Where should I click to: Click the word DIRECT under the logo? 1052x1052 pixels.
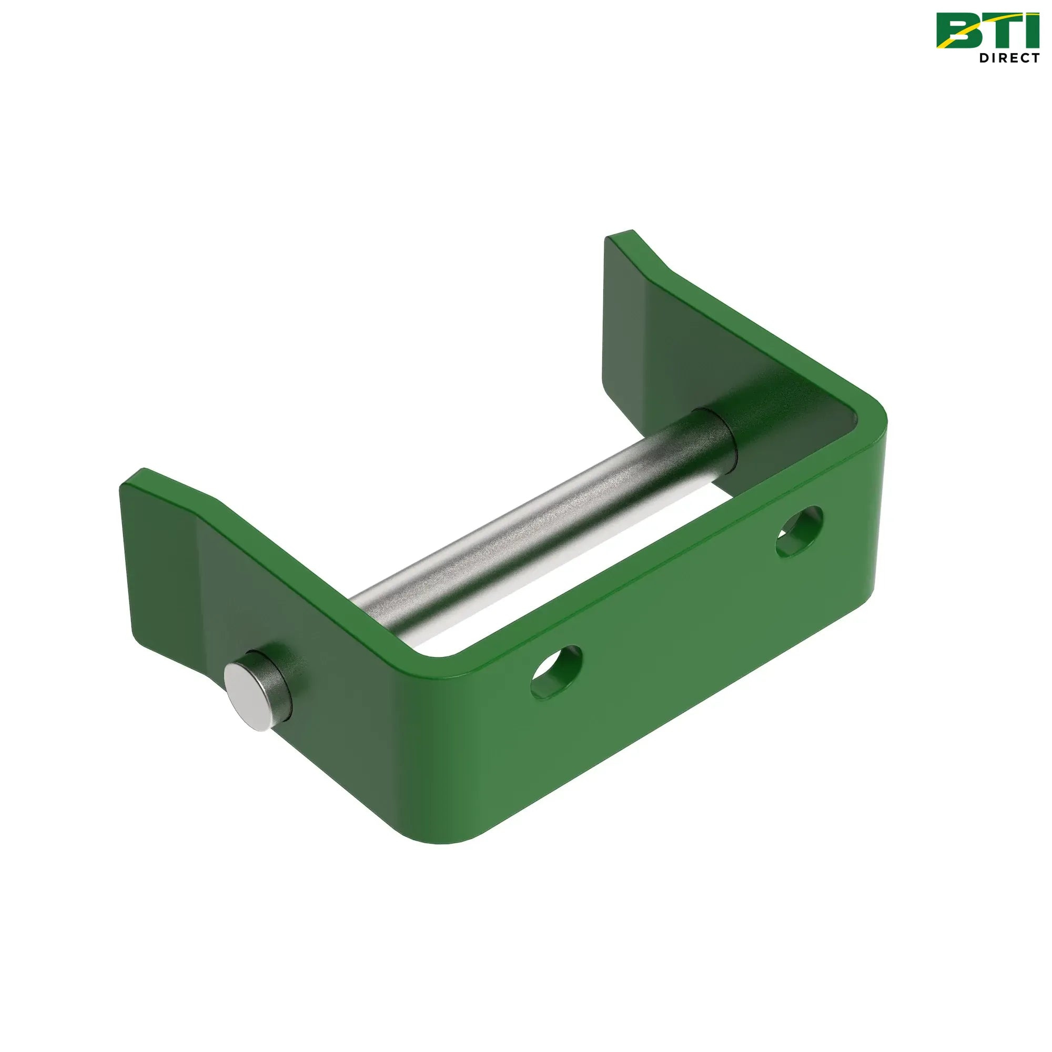[x=1009, y=58]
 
